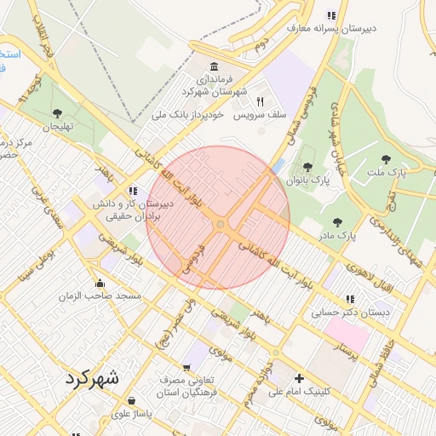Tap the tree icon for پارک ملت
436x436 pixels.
(387, 159)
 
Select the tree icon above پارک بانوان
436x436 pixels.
(307, 167)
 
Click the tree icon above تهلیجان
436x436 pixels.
(57, 112)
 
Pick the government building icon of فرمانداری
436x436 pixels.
(212, 67)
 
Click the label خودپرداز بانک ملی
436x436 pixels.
(187, 113)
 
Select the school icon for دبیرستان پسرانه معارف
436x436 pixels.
(331, 15)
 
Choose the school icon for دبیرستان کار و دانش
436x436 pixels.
(132, 191)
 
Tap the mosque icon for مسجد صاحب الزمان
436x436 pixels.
(100, 284)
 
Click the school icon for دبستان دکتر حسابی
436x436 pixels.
(349, 299)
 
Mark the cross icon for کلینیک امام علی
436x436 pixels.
(298, 378)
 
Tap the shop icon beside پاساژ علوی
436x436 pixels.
(130, 399)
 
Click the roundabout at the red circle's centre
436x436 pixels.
(220, 224)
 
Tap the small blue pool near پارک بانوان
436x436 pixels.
(278, 165)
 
